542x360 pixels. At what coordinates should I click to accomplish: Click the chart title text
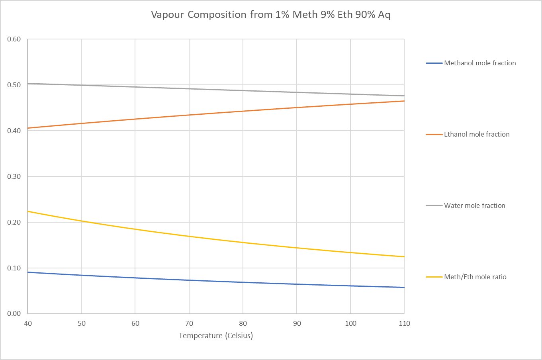[270, 15]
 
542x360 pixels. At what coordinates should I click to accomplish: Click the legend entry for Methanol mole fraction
[479, 63]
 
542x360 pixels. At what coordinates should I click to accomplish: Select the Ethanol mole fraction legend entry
[476, 134]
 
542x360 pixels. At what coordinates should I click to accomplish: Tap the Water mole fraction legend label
[474, 205]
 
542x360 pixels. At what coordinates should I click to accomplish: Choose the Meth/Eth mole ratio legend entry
[475, 277]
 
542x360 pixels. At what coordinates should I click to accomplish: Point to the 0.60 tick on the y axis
[14, 39]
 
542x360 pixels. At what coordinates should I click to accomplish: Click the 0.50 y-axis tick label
[14, 85]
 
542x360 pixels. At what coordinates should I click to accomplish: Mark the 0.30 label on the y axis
[14, 176]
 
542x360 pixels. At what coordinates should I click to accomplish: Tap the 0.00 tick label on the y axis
[14, 313]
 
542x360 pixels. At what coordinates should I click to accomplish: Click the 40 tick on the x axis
[28, 323]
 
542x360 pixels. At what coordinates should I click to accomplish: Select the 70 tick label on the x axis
[189, 323]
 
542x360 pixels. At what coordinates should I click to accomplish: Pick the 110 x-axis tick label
[404, 323]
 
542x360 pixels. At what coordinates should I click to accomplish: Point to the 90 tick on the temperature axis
[297, 323]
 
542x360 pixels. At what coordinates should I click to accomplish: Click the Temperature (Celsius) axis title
[216, 335]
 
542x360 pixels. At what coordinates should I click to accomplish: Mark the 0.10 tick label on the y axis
[14, 268]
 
